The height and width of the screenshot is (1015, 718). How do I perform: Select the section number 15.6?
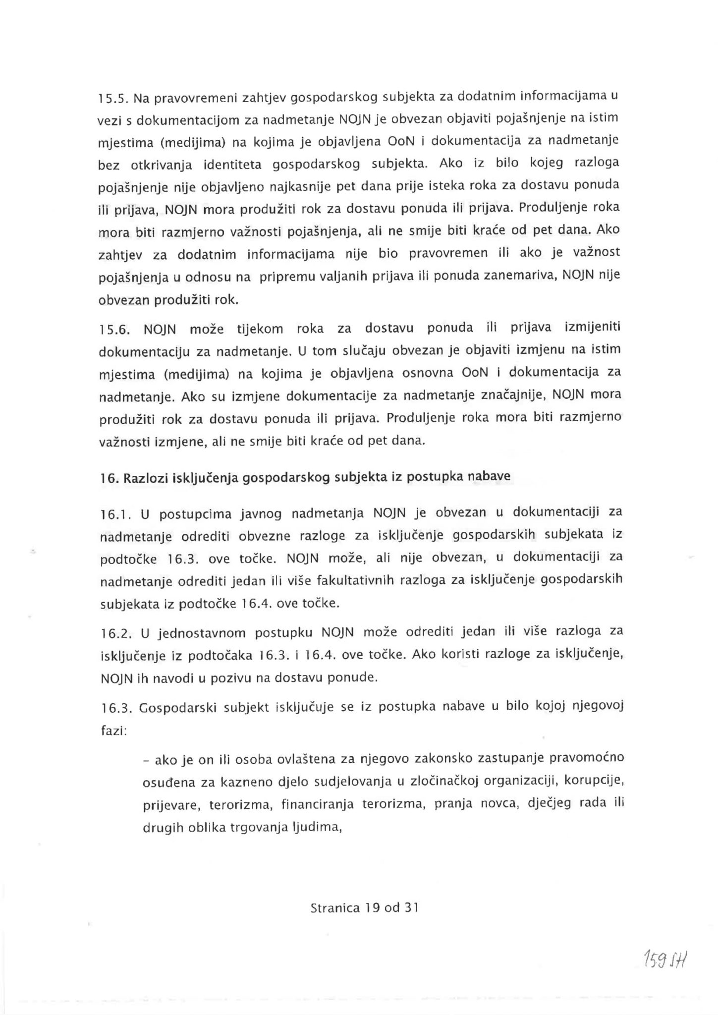click(x=114, y=330)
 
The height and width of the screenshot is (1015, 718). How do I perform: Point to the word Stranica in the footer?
click(x=334, y=908)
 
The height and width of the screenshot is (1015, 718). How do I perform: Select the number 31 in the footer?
click(x=411, y=908)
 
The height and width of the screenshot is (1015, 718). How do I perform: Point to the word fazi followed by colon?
click(x=112, y=732)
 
